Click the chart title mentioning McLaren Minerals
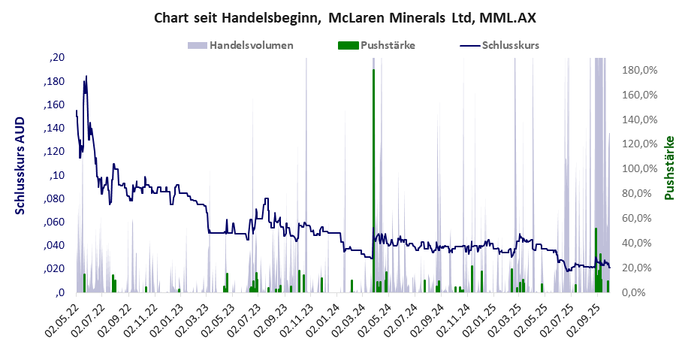point(345,17)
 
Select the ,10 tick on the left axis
point(58,175)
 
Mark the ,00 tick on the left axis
point(58,292)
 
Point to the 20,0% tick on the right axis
point(641,268)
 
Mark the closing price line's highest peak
point(86,77)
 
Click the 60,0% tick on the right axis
point(641,218)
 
